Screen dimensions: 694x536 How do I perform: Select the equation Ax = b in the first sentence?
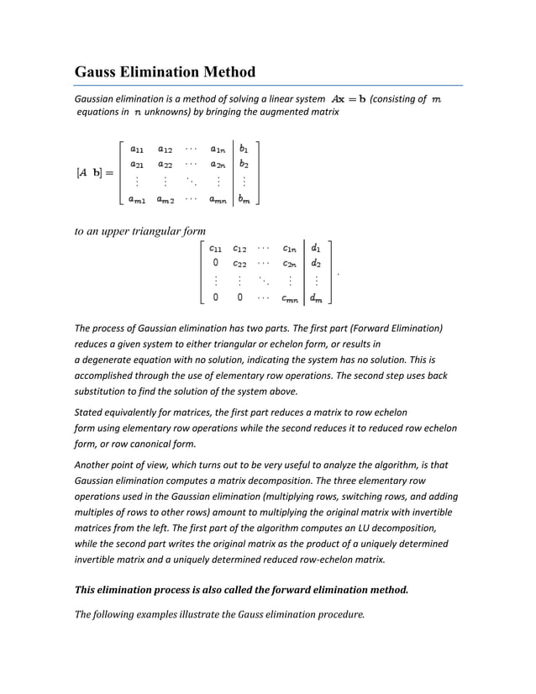tap(349, 99)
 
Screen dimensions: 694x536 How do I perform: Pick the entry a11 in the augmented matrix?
tap(135, 147)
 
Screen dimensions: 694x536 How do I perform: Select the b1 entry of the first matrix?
tap(244, 147)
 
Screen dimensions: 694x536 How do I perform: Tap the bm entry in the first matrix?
tap(244, 199)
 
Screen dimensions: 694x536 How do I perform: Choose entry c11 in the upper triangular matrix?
tap(216, 248)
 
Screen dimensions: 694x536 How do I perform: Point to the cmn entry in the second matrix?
tap(288, 297)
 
